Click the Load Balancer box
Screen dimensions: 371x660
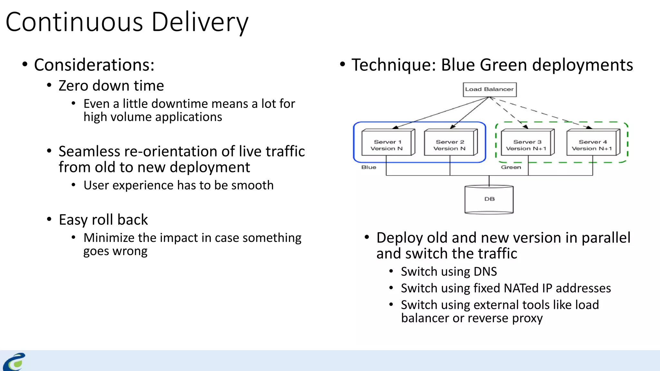click(490, 90)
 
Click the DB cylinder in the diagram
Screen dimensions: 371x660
click(489, 199)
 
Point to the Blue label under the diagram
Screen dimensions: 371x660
click(369, 167)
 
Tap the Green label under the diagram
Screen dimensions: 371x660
click(511, 167)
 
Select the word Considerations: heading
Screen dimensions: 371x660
click(94, 65)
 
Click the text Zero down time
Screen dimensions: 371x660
click(111, 86)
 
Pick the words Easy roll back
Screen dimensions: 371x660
click(103, 220)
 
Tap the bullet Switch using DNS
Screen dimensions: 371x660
click(449, 272)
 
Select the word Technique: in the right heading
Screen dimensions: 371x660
click(393, 65)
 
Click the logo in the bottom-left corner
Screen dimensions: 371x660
click(15, 362)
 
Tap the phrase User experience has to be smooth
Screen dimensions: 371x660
click(178, 185)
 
